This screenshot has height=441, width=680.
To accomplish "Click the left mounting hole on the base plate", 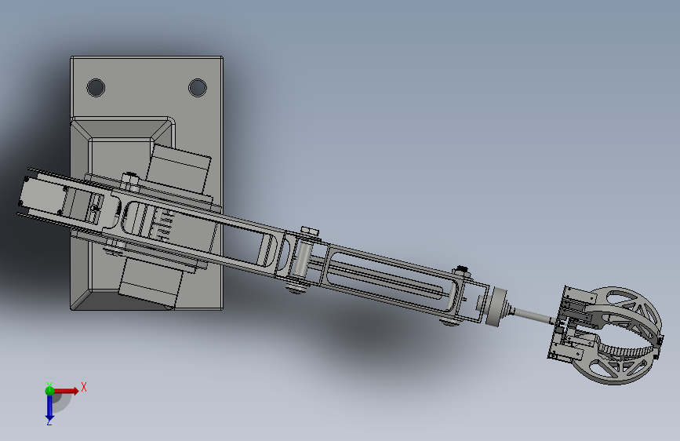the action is click(x=96, y=88).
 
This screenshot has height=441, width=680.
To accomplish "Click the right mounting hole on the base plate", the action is click(x=198, y=88).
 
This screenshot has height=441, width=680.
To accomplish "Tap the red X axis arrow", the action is click(x=66, y=391).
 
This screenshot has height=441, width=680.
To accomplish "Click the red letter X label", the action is click(x=84, y=387).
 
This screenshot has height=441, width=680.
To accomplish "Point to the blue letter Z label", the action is click(x=49, y=421).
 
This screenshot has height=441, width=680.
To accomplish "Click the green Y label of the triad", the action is click(x=49, y=385).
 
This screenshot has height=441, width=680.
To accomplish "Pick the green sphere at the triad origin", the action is click(x=49, y=391).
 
